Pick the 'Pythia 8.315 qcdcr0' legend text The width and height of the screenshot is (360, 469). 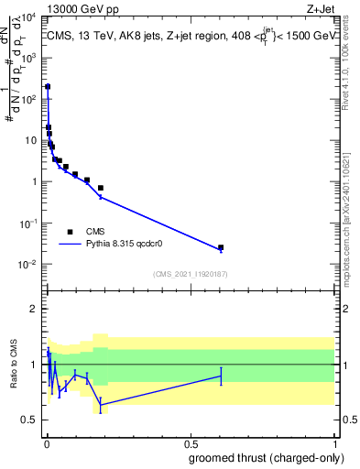click(x=134, y=245)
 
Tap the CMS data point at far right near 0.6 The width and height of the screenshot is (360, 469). click(x=221, y=247)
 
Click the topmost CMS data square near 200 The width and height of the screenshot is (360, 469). click(x=48, y=87)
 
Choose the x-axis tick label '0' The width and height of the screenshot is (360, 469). click(x=47, y=442)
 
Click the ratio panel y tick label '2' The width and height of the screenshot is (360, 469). click(x=34, y=309)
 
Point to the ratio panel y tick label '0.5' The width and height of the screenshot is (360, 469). click(x=29, y=420)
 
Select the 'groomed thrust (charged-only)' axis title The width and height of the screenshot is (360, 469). click(x=266, y=457)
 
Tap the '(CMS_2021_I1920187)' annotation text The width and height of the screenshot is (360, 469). click(x=191, y=273)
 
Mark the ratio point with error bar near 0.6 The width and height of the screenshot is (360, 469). click(x=221, y=376)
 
